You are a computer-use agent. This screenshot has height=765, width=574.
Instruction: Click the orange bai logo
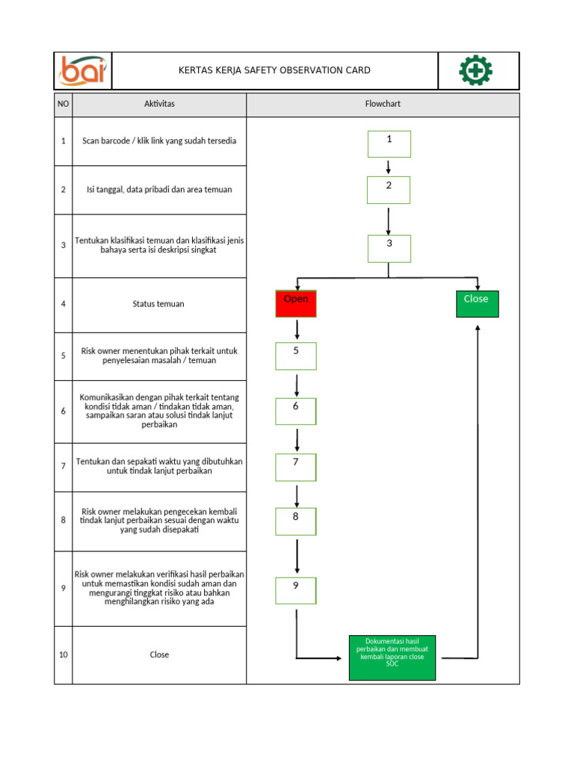83,70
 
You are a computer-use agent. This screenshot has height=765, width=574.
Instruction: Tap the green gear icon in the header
475,70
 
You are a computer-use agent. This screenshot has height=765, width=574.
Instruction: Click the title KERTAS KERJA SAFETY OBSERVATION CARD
274,71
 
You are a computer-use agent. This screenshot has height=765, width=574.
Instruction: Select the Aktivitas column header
159,104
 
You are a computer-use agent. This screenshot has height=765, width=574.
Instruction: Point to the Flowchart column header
383,104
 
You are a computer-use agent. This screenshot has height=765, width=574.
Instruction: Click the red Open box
296,303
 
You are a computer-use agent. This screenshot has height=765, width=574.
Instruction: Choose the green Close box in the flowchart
477,303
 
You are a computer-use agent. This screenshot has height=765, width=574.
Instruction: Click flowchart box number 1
389,143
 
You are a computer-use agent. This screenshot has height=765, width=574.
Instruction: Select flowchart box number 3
389,248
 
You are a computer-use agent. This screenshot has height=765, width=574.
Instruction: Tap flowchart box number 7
295,467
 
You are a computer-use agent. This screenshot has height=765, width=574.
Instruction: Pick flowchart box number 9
295,590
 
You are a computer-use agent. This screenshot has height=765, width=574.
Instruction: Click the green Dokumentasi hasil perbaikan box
392,657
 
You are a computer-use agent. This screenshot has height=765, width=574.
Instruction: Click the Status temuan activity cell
158,304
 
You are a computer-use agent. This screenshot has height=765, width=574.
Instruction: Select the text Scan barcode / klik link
159,141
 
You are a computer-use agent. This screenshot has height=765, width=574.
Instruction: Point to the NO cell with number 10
64,655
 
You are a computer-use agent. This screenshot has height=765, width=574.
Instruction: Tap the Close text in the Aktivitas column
159,655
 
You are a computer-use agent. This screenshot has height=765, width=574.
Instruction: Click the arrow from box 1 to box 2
389,167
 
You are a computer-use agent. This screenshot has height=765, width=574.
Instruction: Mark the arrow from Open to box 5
297,329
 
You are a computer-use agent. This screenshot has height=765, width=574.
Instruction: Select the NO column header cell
64,104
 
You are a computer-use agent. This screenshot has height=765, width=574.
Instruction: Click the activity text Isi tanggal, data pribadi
158,190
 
